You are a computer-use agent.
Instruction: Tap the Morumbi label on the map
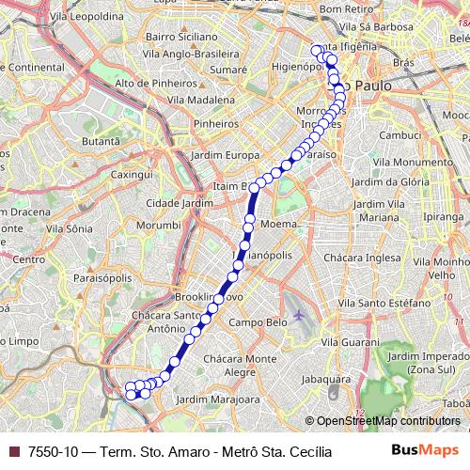[x=157, y=226]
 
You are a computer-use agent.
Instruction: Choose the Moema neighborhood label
[x=277, y=226]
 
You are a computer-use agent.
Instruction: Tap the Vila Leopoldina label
[x=89, y=17]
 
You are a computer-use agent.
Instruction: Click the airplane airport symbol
[x=300, y=314]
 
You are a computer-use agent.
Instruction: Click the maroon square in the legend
[x=13, y=451]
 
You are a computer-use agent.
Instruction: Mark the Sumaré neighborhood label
[x=227, y=70]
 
